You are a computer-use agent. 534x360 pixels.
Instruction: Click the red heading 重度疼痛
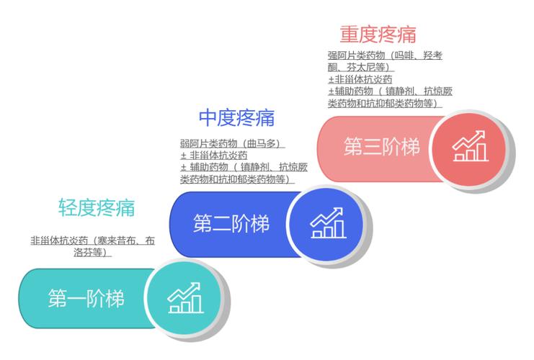point(378,35)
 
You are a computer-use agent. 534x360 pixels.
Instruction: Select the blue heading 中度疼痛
point(236,118)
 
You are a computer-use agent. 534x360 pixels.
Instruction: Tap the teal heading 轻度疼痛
point(97,207)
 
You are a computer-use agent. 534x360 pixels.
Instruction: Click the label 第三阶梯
point(382,147)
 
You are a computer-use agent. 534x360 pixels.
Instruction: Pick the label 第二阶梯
point(231,223)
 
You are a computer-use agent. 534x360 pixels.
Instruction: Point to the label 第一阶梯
point(86,298)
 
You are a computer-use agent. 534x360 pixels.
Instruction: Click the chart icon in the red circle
point(471,146)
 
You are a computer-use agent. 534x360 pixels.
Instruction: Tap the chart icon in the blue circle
point(329,223)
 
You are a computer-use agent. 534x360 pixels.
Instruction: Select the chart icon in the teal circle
point(186,297)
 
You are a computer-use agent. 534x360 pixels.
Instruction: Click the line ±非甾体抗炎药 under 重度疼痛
point(360,79)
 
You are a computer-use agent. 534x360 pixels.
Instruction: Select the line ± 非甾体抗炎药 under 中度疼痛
point(214,156)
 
